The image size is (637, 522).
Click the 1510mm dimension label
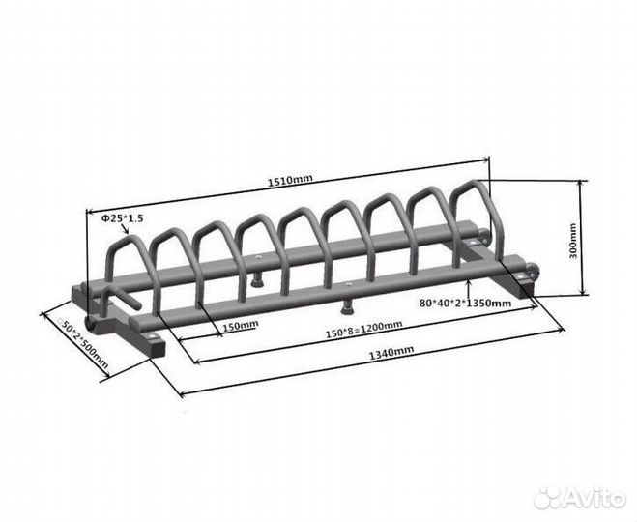point(290,180)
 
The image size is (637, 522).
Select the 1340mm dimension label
point(391,352)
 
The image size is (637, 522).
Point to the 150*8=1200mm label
point(364,329)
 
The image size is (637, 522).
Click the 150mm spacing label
point(241,325)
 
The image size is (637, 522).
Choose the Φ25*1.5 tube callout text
point(122,218)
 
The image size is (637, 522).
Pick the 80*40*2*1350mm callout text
point(465,303)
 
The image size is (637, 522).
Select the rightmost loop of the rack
point(477,220)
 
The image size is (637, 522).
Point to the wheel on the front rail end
point(532,270)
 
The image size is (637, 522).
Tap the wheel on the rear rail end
point(483,236)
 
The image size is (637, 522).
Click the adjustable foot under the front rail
point(346,308)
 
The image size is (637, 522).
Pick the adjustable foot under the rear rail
point(255,280)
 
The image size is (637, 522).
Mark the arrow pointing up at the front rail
point(469,290)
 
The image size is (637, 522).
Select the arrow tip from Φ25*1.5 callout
point(129,235)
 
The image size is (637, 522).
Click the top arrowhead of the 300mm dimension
point(582,183)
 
